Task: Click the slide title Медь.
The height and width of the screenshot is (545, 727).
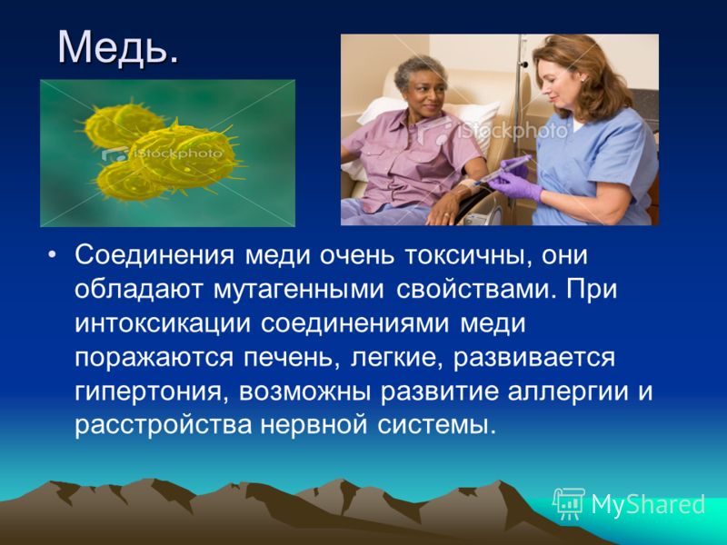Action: (118, 48)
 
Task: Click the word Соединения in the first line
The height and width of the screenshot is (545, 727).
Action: (154, 255)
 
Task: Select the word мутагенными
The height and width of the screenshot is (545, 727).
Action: (299, 290)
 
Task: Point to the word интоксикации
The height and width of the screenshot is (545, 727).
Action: (163, 323)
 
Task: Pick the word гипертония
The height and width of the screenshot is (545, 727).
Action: (152, 392)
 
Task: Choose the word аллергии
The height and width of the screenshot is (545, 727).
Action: (566, 392)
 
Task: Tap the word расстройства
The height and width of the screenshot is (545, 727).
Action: (163, 425)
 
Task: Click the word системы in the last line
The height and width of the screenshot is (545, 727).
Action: (437, 425)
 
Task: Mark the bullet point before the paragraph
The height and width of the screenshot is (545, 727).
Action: (53, 256)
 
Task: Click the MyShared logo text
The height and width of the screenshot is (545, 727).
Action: (648, 504)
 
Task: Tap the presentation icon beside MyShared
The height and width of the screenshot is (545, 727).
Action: (570, 503)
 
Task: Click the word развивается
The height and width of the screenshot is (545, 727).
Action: (534, 358)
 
